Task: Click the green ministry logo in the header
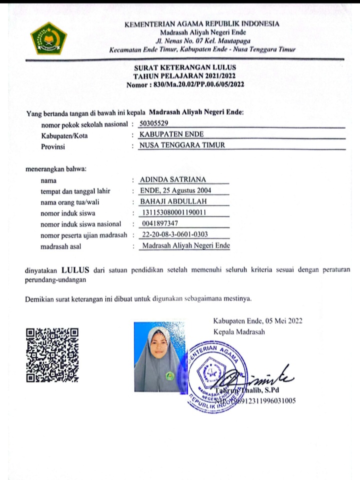click(x=48, y=38)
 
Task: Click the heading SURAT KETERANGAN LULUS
click(x=185, y=67)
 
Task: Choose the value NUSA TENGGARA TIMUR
click(x=182, y=145)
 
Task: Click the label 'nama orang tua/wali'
click(x=73, y=202)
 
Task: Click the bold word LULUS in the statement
click(x=76, y=271)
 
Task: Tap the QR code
click(x=52, y=355)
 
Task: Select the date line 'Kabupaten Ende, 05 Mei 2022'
click(x=257, y=321)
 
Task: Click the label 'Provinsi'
click(x=53, y=146)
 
